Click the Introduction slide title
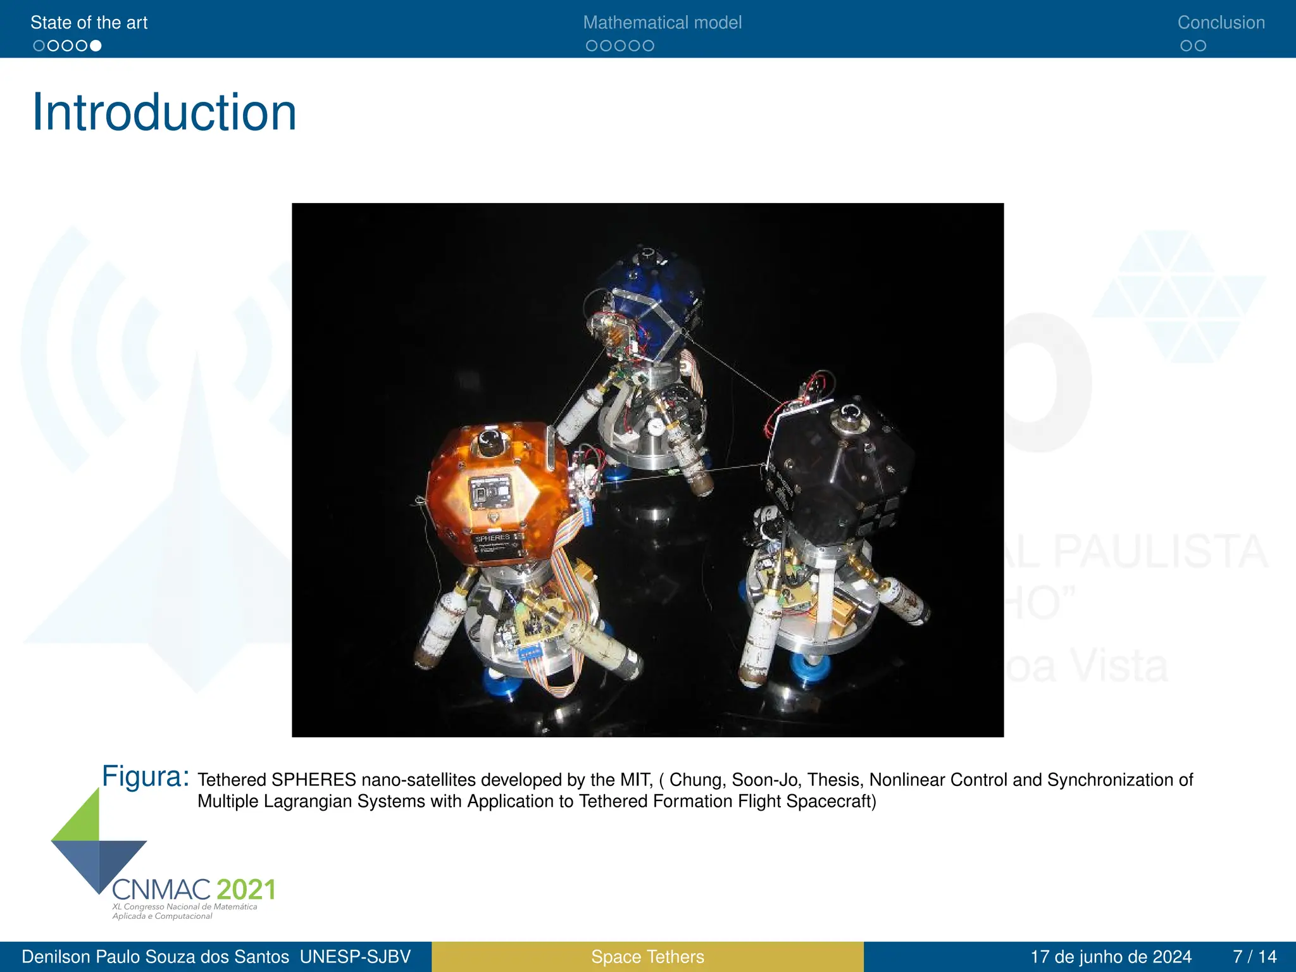165,113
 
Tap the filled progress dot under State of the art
96,46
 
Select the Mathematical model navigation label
662,23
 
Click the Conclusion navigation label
1221,23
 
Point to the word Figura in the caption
146,776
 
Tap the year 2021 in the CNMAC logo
246,890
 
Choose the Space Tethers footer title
647,957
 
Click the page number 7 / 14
1254,957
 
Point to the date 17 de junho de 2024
1111,957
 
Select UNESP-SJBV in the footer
355,957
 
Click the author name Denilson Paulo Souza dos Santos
155,957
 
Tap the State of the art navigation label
89,23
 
